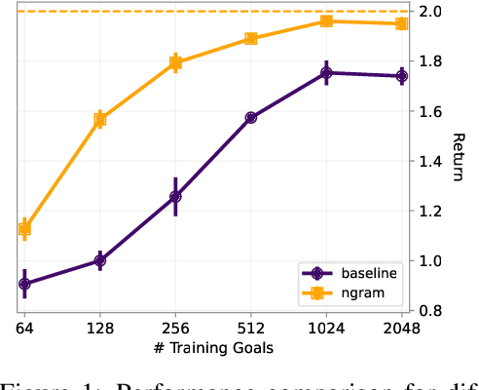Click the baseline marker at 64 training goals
(x=24, y=284)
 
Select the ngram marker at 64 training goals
(x=24, y=229)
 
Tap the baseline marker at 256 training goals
(x=175, y=196)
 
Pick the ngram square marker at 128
(x=100, y=120)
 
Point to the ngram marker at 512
(x=251, y=39)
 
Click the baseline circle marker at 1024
(x=326, y=72)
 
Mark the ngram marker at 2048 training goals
(x=401, y=23)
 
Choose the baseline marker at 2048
(x=401, y=76)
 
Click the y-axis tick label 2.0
(x=432, y=12)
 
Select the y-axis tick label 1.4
(x=432, y=161)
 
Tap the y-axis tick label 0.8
(x=432, y=311)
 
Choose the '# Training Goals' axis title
(x=212, y=348)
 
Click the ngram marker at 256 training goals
(x=175, y=62)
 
